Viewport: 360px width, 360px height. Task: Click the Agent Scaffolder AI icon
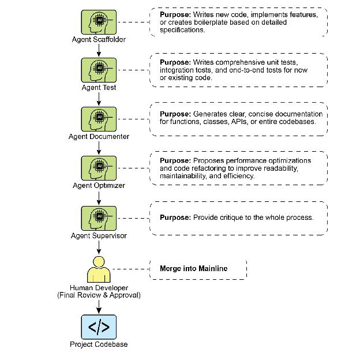pyautogui.click(x=99, y=22)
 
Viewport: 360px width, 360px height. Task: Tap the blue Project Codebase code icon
pyautogui.click(x=99, y=327)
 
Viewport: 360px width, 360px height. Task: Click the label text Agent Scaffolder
pyautogui.click(x=99, y=40)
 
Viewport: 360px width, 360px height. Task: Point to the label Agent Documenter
pyautogui.click(x=99, y=137)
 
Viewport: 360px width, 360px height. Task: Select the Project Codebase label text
pyautogui.click(x=99, y=344)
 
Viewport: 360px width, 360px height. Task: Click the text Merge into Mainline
pyautogui.click(x=193, y=269)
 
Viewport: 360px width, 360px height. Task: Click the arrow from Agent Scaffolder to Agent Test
pyautogui.click(x=99, y=50)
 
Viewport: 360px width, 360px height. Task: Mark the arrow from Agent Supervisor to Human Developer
pyautogui.click(x=99, y=247)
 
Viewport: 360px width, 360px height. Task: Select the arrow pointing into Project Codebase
pyautogui.click(x=99, y=306)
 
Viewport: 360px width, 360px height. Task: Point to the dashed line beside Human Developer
pyautogui.click(x=132, y=269)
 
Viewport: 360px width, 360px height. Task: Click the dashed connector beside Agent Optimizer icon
pyautogui.click(x=134, y=168)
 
